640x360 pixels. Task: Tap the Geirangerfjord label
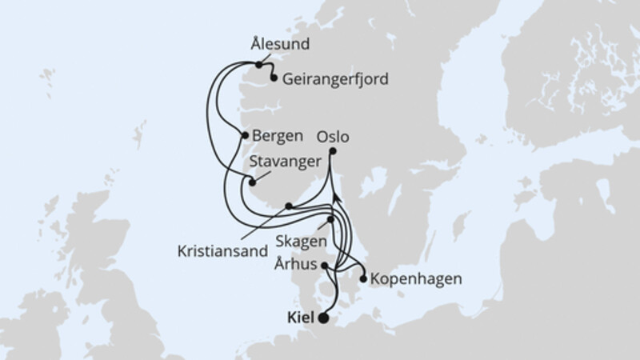(328, 78)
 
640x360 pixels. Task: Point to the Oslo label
(334, 137)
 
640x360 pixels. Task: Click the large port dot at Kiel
(323, 318)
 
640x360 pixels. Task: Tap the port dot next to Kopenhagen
(364, 280)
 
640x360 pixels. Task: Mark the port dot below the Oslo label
(333, 151)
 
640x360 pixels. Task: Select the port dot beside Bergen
(244, 136)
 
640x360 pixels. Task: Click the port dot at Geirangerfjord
(274, 78)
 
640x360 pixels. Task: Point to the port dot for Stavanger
(253, 182)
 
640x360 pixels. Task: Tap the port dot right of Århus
(324, 266)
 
